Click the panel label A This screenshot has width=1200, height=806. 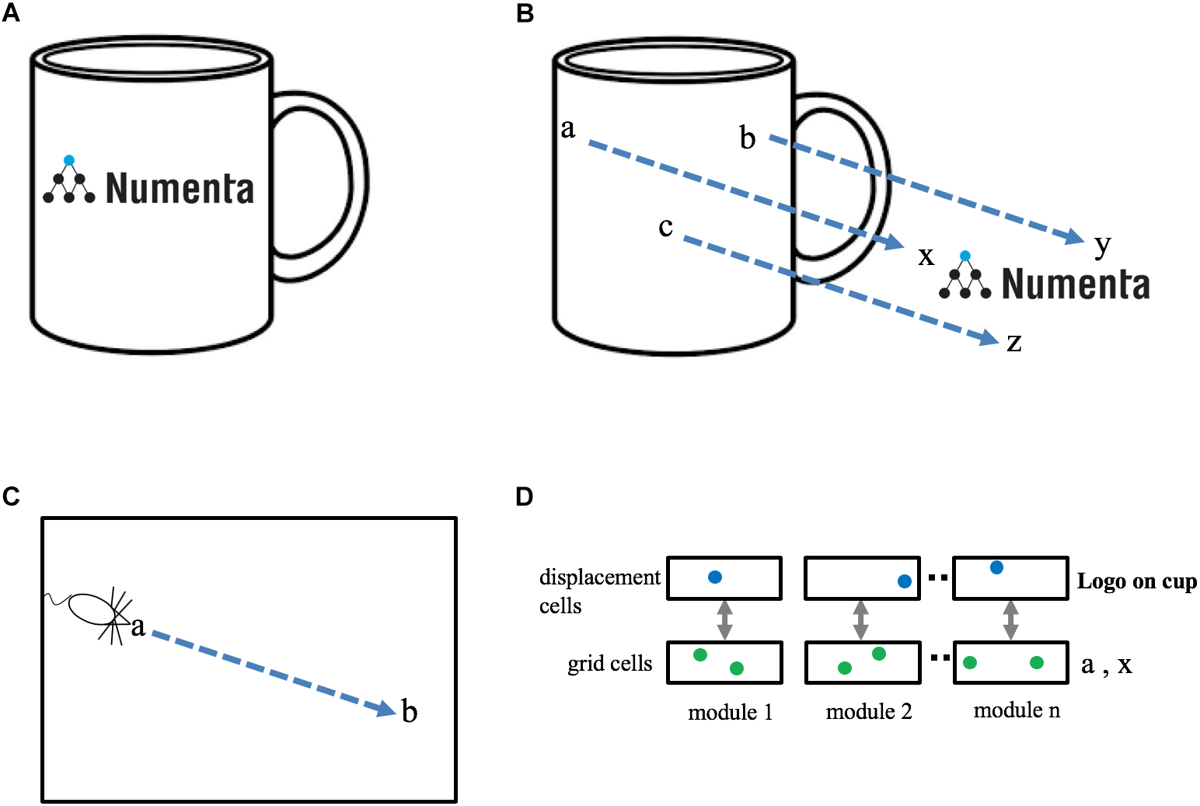tap(11, 13)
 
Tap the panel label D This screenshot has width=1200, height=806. tap(525, 497)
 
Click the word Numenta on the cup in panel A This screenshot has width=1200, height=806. tap(180, 189)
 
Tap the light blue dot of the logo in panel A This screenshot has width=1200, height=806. tap(69, 160)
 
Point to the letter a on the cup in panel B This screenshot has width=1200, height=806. tap(568, 129)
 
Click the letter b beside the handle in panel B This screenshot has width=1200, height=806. tap(747, 138)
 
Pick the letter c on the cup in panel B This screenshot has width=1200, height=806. tap(665, 227)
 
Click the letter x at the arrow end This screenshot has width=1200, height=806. tap(926, 256)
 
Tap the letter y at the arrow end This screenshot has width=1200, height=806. tap(1102, 246)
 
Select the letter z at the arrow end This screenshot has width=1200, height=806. tap(1014, 343)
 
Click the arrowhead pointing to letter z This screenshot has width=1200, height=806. tap(989, 337)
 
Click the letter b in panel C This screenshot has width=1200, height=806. tap(410, 710)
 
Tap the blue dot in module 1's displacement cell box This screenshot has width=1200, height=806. tap(715, 577)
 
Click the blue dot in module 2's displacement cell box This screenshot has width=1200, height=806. tap(904, 581)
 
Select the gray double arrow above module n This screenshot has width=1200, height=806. tap(1010, 620)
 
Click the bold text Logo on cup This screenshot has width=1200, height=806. tap(1136, 582)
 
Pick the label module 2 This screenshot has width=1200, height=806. tap(868, 711)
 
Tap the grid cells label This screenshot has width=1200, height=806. tap(609, 664)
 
